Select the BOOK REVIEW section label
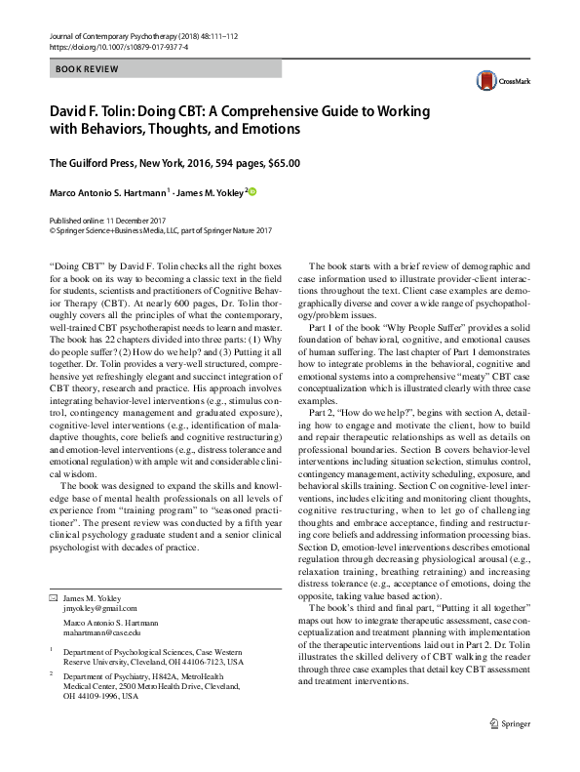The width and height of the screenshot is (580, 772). pos(88,69)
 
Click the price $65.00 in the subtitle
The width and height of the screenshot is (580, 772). pos(284,163)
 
